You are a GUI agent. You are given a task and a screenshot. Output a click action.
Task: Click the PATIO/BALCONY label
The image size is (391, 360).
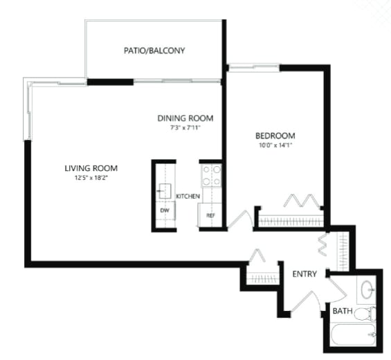click(154, 51)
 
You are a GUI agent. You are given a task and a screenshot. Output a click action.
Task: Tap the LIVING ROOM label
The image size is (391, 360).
click(91, 168)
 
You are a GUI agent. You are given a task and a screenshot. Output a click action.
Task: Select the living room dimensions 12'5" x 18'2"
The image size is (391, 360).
click(91, 179)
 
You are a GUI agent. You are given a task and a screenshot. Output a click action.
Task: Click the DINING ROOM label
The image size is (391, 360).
click(185, 118)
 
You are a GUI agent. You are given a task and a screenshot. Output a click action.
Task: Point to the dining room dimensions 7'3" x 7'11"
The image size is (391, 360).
click(185, 127)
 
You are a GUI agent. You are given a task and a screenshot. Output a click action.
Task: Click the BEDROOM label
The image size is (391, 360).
click(275, 136)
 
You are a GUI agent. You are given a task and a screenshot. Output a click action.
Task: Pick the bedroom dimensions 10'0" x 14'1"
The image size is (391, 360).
click(275, 145)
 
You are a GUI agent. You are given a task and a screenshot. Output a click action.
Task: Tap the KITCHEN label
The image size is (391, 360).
click(188, 197)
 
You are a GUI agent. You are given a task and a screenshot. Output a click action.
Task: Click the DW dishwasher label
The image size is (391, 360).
click(165, 210)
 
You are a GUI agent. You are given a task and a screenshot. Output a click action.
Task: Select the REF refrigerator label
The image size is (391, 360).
click(210, 215)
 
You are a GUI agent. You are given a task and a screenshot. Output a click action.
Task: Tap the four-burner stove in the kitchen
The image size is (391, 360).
click(211, 175)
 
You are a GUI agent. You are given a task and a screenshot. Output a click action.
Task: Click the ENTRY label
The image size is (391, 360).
click(304, 274)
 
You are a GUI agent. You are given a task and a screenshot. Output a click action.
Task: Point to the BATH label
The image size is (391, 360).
click(342, 312)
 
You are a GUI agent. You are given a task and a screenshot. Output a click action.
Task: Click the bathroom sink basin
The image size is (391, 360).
click(366, 289)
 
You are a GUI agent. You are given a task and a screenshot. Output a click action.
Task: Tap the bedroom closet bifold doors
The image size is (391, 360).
click(302, 201)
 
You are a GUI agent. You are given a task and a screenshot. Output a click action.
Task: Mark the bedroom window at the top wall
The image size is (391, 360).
click(253, 66)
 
